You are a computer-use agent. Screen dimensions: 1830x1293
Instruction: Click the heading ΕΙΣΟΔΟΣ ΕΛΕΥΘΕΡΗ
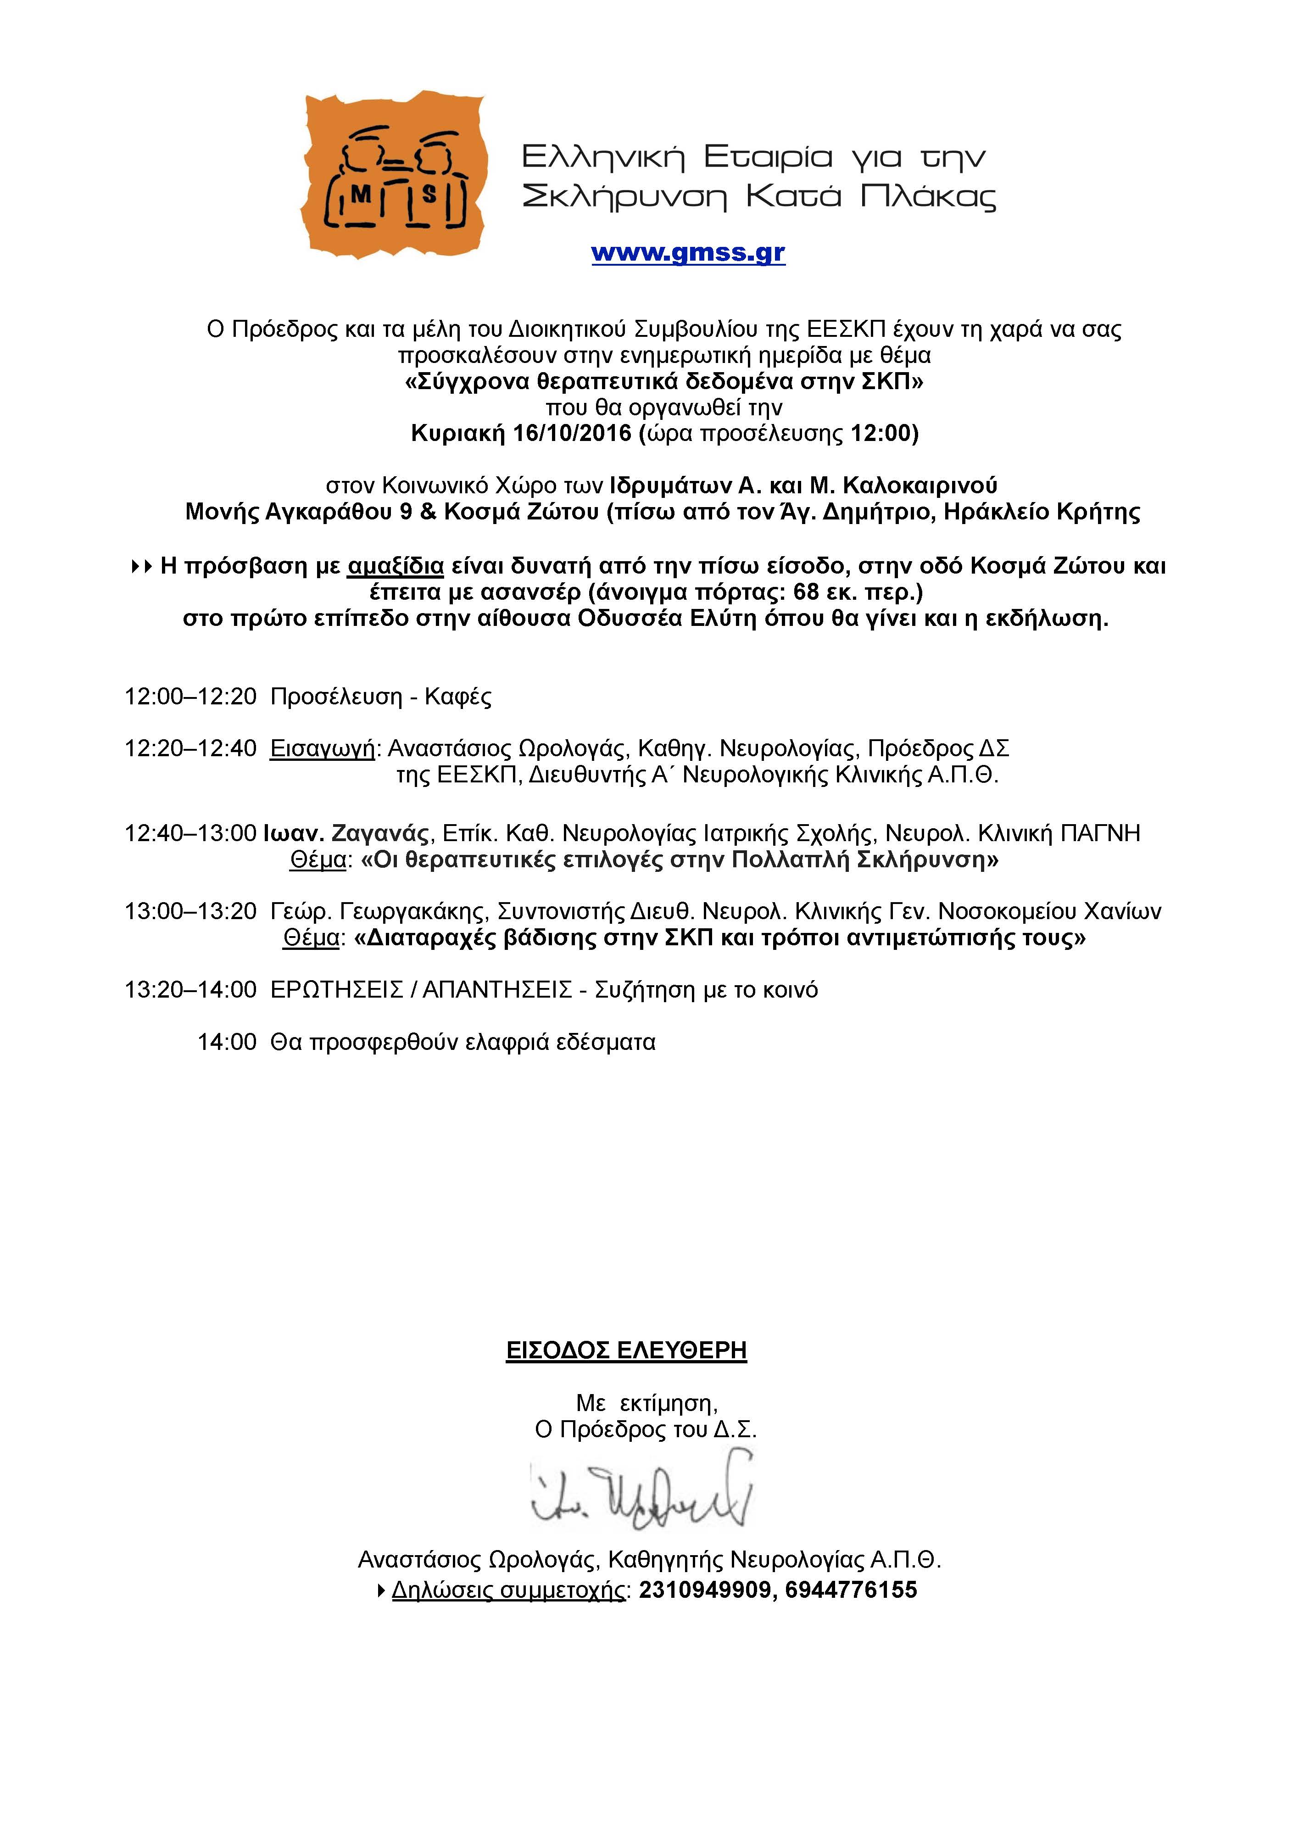(x=627, y=1350)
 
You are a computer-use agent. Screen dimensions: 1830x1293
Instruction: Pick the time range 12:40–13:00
(x=190, y=834)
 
